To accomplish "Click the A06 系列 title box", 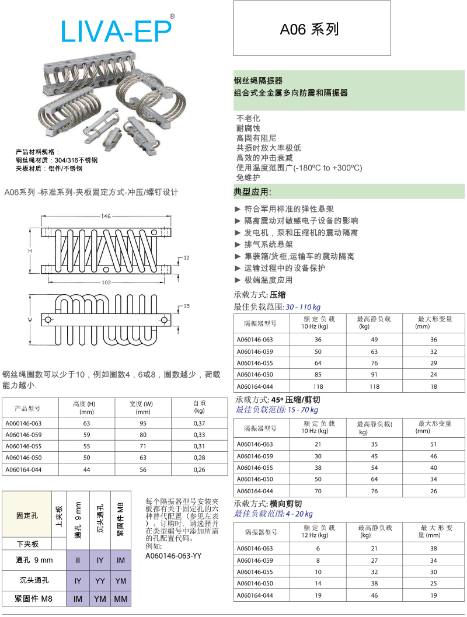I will click(x=312, y=29).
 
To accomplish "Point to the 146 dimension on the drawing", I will click(x=106, y=216).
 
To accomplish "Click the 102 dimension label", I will click(x=106, y=282).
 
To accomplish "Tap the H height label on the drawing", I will click(x=29, y=250).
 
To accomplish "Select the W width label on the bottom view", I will click(x=30, y=319).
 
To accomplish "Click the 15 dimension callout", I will click(x=187, y=306).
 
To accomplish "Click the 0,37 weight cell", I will click(x=199, y=423).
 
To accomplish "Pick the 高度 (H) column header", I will click(x=84, y=407).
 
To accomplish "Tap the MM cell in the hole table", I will click(x=121, y=599).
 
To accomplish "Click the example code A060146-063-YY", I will click(x=173, y=556).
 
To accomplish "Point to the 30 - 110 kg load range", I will click(x=303, y=307).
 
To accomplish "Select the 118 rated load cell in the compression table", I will click(x=318, y=386).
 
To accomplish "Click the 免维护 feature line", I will click(x=248, y=177).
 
